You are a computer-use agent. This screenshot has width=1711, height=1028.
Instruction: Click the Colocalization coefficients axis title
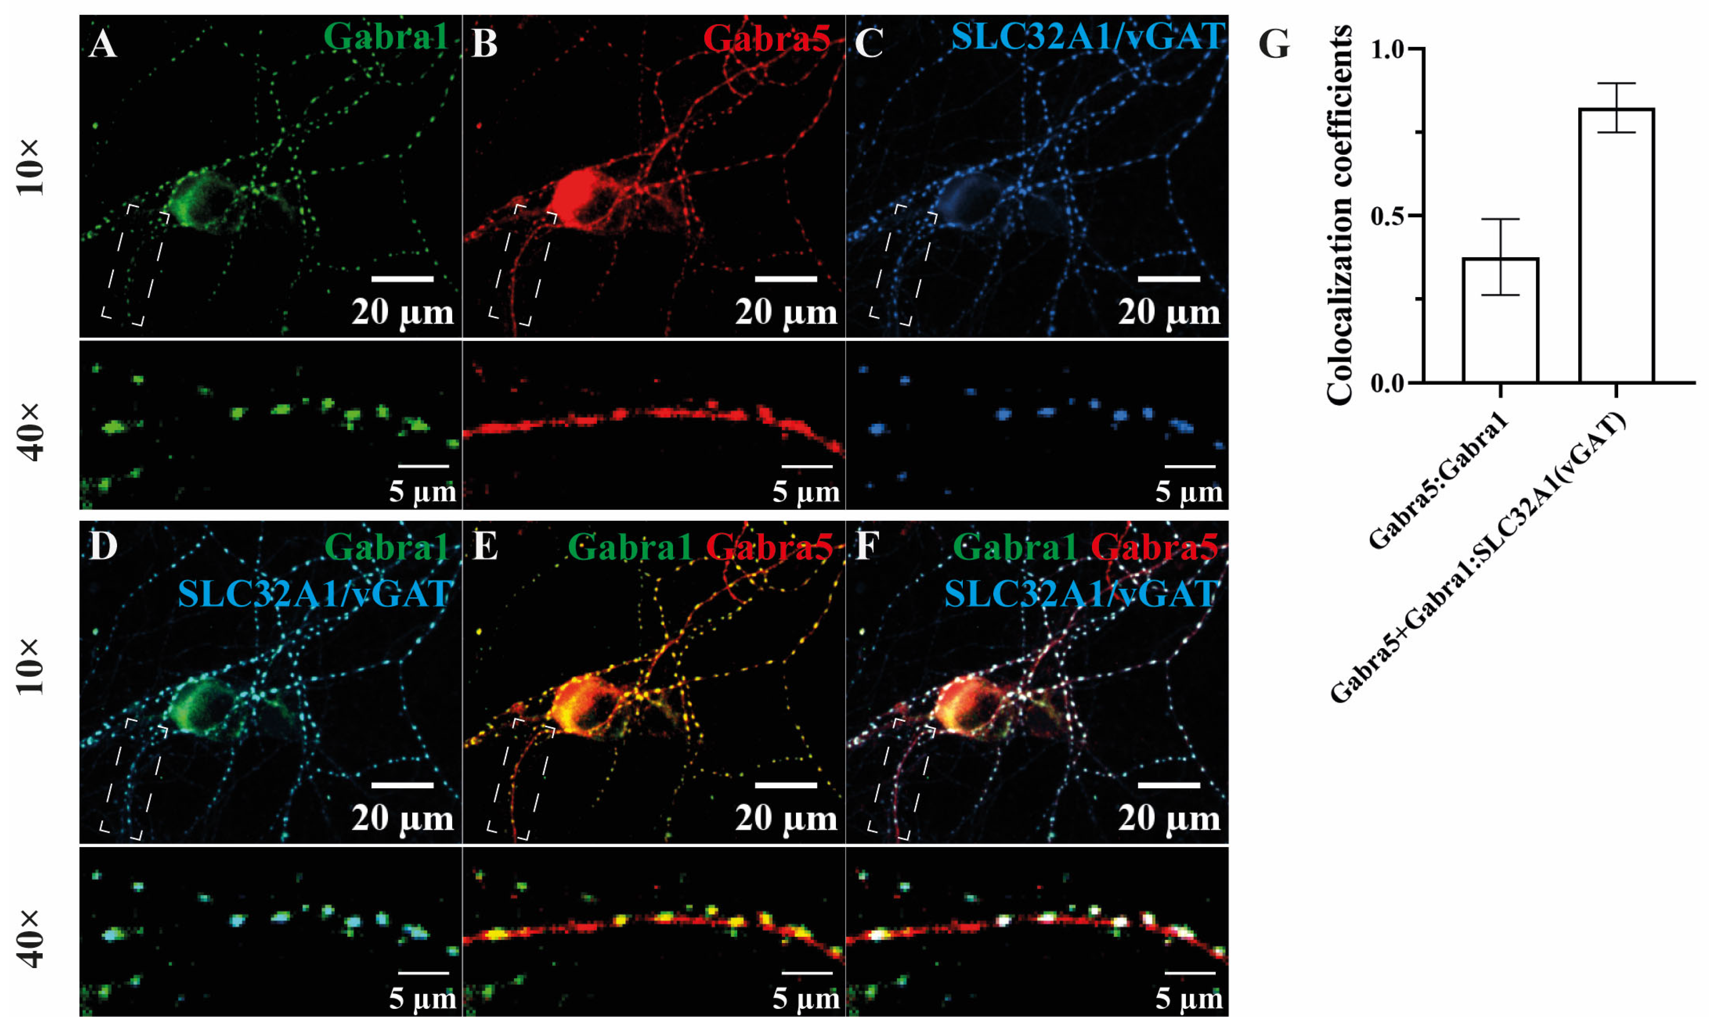pos(1339,215)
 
